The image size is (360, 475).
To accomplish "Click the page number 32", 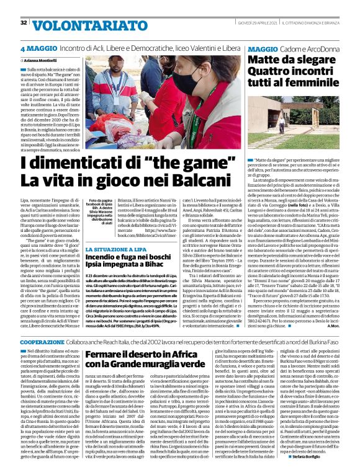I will (x=24, y=22).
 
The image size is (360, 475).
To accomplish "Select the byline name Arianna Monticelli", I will (x=43, y=60).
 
